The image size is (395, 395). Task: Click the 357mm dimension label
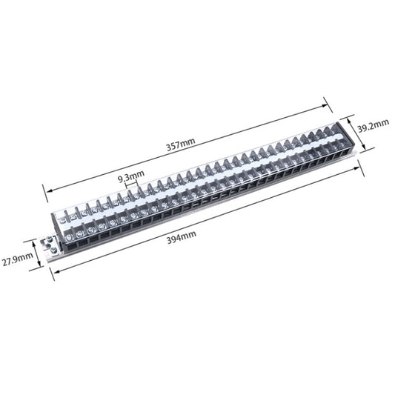pyautogui.click(x=182, y=146)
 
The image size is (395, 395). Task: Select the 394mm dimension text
pyautogui.click(x=181, y=235)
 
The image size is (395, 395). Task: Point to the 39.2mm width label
pyautogui.click(x=373, y=128)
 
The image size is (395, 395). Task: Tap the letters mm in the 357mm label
pyautogui.click(x=190, y=145)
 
